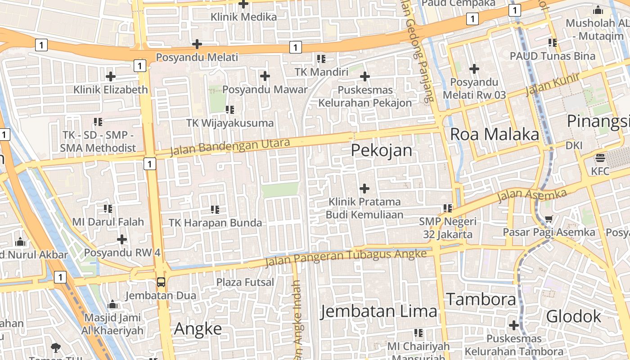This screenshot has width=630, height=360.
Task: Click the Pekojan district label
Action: pos(381,150)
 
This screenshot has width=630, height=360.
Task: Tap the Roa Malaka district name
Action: pos(494,134)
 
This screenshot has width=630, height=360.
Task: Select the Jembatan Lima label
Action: pos(378,311)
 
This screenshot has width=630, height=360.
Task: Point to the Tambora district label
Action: pos(481,299)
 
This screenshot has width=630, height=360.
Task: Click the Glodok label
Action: pos(573,316)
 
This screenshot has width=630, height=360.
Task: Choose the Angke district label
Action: pos(198,329)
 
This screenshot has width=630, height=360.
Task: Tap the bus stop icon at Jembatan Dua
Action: pos(161,282)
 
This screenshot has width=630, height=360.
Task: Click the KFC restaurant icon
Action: pos(600,158)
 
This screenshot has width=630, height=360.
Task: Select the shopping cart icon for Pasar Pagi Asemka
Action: pos(549,219)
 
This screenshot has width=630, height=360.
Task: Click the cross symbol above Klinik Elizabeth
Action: pos(110,76)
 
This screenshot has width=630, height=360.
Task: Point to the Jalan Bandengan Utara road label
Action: pos(229,147)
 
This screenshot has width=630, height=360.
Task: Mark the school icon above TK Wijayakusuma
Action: pos(230,110)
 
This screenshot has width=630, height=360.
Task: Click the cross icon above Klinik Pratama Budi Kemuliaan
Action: pos(364,188)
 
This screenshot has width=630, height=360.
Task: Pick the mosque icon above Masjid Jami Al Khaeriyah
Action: pos(112,305)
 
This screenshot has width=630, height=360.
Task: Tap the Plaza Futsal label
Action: pos(245,282)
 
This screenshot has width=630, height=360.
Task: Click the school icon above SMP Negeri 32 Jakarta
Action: pos(447,208)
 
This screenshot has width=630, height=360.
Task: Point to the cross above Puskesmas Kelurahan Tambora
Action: pos(513,325)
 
